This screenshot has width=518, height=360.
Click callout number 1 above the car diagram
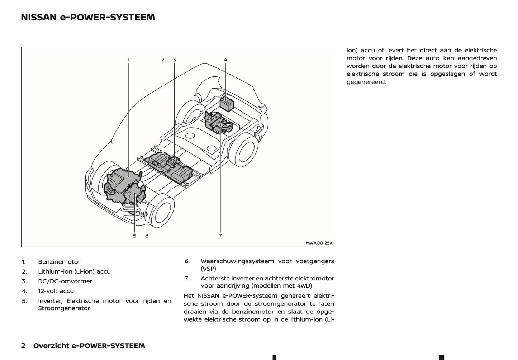point(128,60)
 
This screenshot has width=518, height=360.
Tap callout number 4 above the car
point(225,60)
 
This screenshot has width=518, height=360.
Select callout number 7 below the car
point(220,236)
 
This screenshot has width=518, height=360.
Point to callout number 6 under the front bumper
point(147,236)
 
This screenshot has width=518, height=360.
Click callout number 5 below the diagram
point(134,236)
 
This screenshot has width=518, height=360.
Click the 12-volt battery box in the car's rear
point(226,104)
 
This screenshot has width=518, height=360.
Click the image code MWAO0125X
point(319,243)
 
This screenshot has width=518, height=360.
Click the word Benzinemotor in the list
point(59,262)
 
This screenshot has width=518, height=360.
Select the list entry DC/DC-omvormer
point(65,281)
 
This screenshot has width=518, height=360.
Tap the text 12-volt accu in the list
point(56,291)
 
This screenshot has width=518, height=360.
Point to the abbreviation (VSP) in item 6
point(208,269)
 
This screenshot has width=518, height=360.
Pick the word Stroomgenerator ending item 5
point(64,308)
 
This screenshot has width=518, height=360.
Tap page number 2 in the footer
point(23,346)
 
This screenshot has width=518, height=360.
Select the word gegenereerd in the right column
point(366,82)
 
